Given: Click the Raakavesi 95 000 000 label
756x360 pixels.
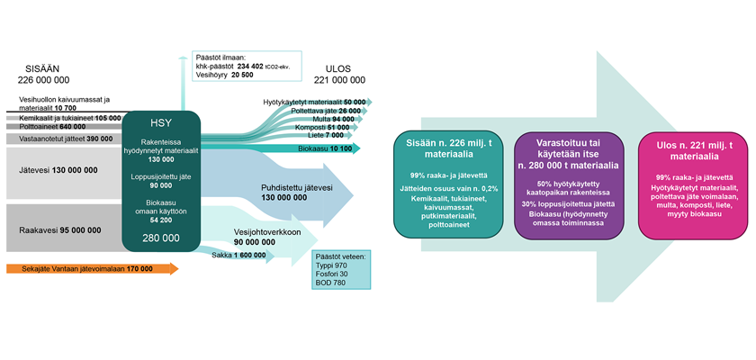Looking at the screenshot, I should click(x=58, y=230).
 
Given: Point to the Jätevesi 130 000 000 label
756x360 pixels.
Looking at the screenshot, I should click(x=56, y=169).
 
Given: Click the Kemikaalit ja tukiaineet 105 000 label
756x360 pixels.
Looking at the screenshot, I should click(x=70, y=117).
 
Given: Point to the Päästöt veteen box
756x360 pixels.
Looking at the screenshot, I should click(x=340, y=269).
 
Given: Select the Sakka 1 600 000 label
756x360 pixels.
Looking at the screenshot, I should click(x=238, y=256).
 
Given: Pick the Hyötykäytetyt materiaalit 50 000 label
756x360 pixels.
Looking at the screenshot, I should click(x=313, y=103).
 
